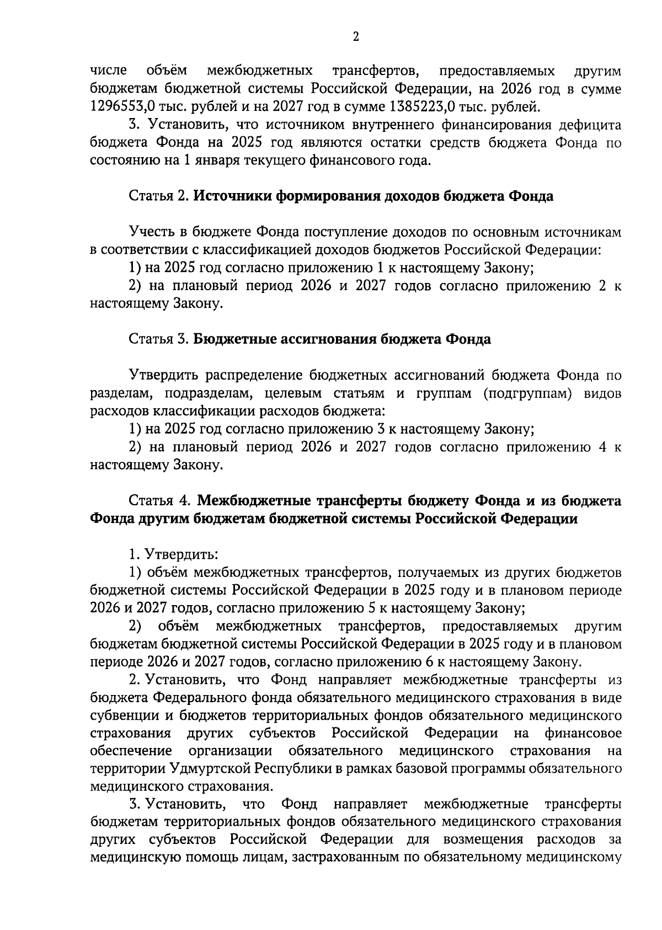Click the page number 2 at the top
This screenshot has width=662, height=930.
pyautogui.click(x=355, y=37)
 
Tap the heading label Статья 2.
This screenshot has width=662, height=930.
pyautogui.click(x=159, y=196)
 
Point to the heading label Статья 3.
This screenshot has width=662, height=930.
pyautogui.click(x=159, y=339)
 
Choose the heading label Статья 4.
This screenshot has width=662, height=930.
pyautogui.click(x=160, y=501)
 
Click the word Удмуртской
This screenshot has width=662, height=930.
pyautogui.click(x=211, y=768)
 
